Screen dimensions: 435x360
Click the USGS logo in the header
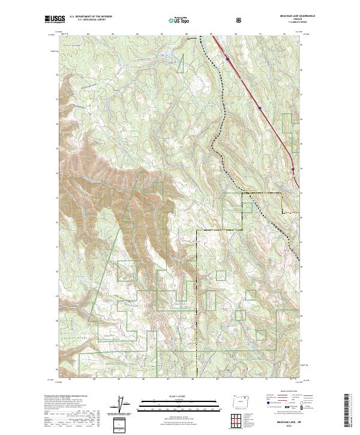tap(53, 20)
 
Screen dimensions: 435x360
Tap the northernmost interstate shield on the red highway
tap(228, 59)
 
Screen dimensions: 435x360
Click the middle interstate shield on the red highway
tap(260, 108)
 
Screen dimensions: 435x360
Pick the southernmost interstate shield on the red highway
tap(293, 170)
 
